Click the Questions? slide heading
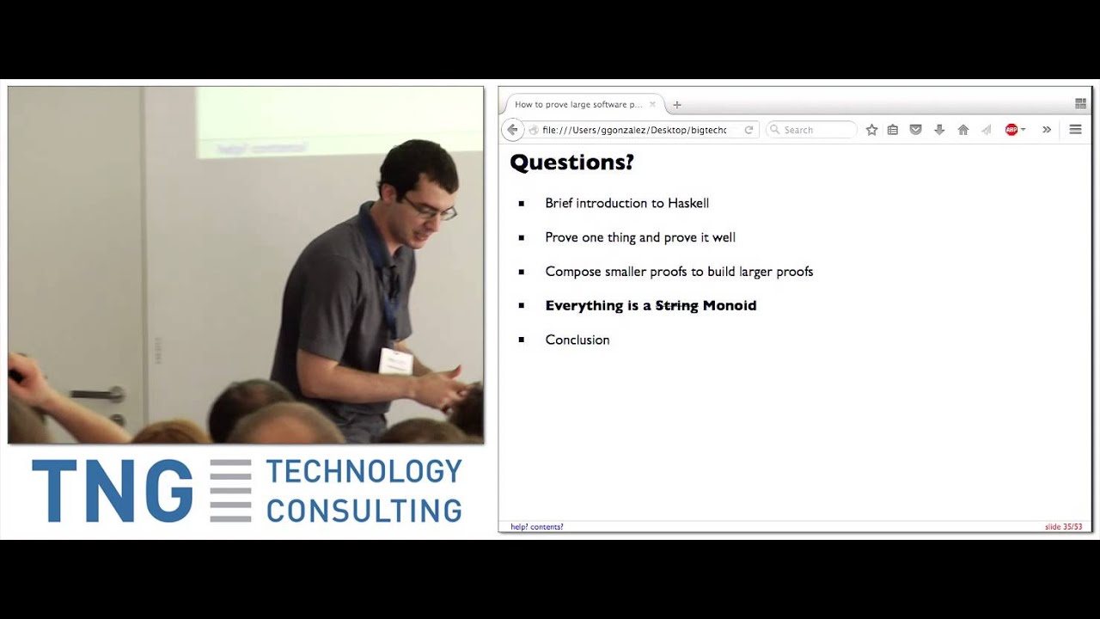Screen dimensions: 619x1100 (x=571, y=162)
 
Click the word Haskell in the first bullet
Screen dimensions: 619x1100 (x=687, y=204)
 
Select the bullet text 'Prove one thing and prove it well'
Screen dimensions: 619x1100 (x=640, y=237)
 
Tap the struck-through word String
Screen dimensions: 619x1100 (x=676, y=306)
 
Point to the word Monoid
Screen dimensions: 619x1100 (x=730, y=306)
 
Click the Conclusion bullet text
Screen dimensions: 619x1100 (x=577, y=340)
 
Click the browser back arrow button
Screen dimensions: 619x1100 (x=512, y=130)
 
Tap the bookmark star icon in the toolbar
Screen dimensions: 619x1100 (x=871, y=130)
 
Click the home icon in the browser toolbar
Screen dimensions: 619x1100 (x=963, y=130)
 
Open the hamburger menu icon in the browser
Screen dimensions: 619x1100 (x=1075, y=130)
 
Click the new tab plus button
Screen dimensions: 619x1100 (x=677, y=105)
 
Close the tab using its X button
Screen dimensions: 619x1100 (x=652, y=105)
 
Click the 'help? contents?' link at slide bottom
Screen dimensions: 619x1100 (x=537, y=527)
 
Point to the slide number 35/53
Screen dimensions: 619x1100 (x=1063, y=527)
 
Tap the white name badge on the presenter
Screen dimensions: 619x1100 (x=395, y=360)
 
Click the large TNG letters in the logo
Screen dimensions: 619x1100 (x=113, y=491)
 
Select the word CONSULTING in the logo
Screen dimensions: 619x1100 (x=364, y=509)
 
